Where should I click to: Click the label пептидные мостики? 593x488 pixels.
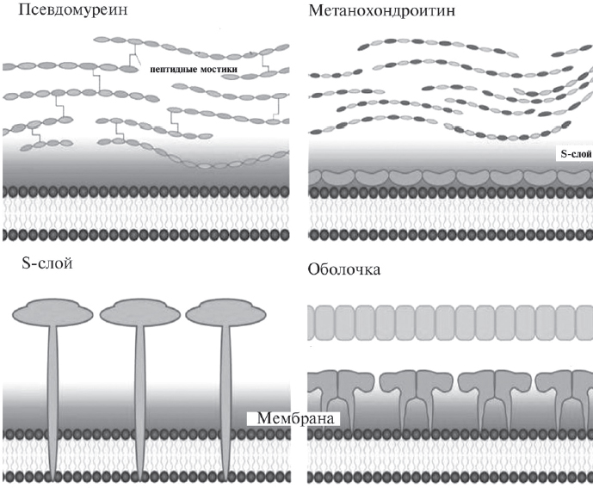click(193, 68)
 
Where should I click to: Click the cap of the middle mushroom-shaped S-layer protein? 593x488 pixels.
click(138, 312)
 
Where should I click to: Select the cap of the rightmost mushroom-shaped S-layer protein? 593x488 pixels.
click(225, 312)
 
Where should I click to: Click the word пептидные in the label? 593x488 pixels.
click(170, 68)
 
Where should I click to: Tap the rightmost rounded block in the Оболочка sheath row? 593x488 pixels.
click(580, 324)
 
